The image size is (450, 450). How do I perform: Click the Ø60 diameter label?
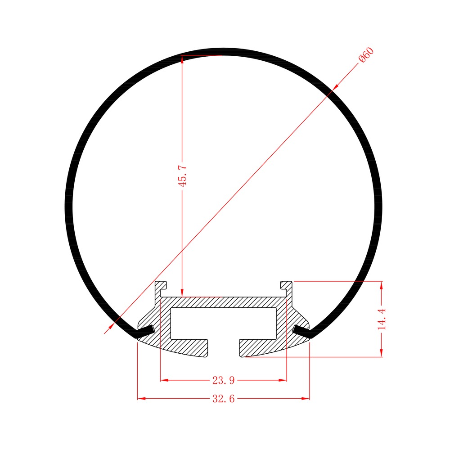pos(366,54)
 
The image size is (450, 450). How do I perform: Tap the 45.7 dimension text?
pos(183,175)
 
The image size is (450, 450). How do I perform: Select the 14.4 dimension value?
pos(382,319)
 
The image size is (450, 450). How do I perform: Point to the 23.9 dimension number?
pos(224,381)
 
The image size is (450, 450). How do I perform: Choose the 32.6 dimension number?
pos(224,399)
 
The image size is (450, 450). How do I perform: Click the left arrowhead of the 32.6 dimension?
pos(141,399)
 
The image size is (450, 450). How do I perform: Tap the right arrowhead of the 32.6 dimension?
pos(306,399)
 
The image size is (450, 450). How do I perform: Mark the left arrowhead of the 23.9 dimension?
pos(164,380)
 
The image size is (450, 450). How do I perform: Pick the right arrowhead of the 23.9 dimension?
pos(283,380)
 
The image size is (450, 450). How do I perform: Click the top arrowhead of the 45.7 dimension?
pos(182,59)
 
